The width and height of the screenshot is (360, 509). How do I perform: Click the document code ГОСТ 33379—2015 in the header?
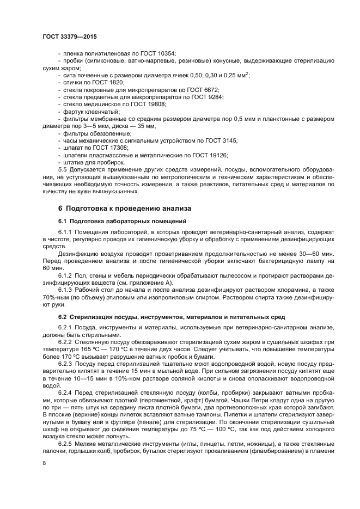[x=70, y=37]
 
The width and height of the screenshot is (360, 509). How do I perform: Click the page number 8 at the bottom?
[x=44, y=463]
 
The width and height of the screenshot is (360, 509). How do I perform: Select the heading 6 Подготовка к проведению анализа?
[x=124, y=208]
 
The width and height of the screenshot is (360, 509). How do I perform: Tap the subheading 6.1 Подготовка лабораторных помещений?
[x=123, y=222]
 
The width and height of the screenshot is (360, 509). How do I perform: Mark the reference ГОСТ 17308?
[x=111, y=148]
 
